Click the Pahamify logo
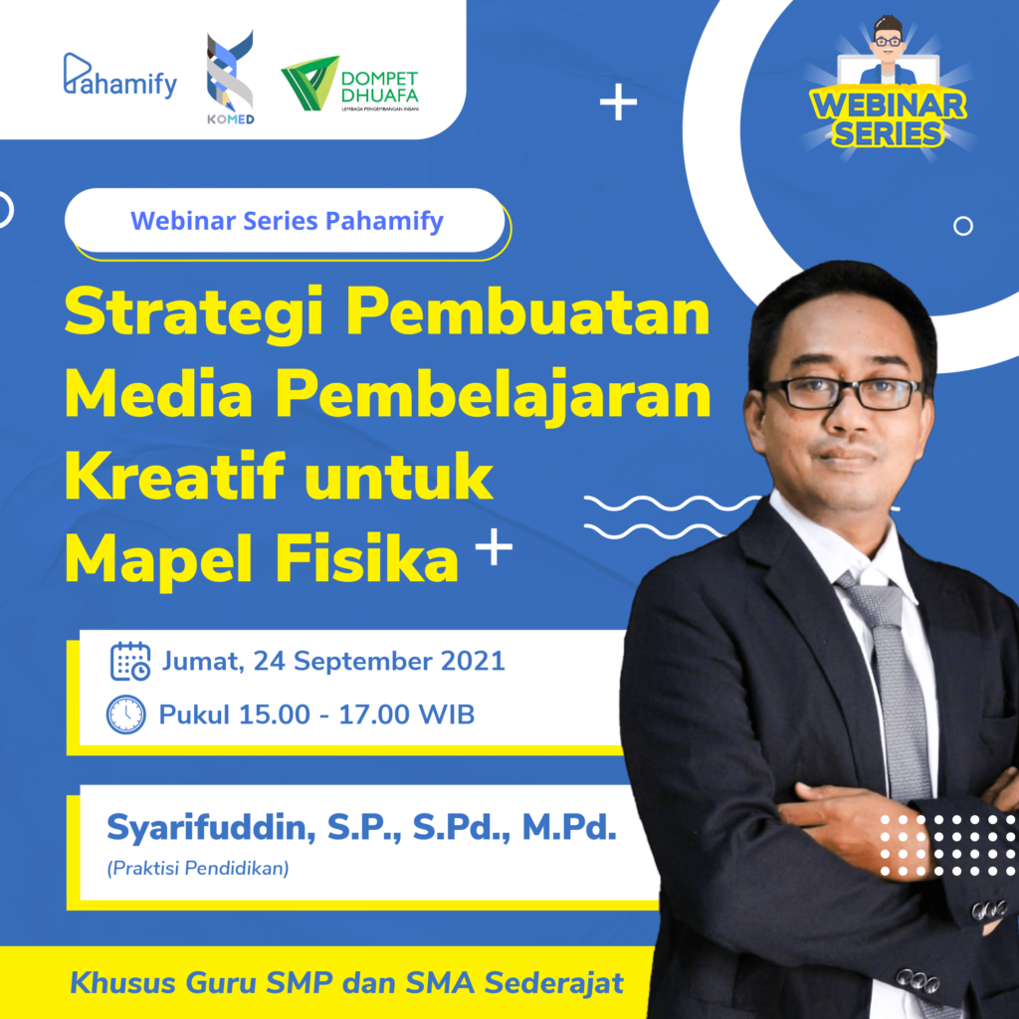(120, 76)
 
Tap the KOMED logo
(230, 78)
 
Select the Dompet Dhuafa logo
(349, 84)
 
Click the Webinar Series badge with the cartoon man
(889, 88)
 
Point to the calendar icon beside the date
(130, 661)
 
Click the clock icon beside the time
(126, 714)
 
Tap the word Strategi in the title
(194, 312)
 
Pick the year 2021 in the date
(473, 661)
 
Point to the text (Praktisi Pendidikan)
(198, 868)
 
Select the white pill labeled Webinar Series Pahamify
(285, 220)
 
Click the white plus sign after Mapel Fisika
(494, 546)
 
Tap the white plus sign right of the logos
(618, 102)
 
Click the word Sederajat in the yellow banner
(554, 982)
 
